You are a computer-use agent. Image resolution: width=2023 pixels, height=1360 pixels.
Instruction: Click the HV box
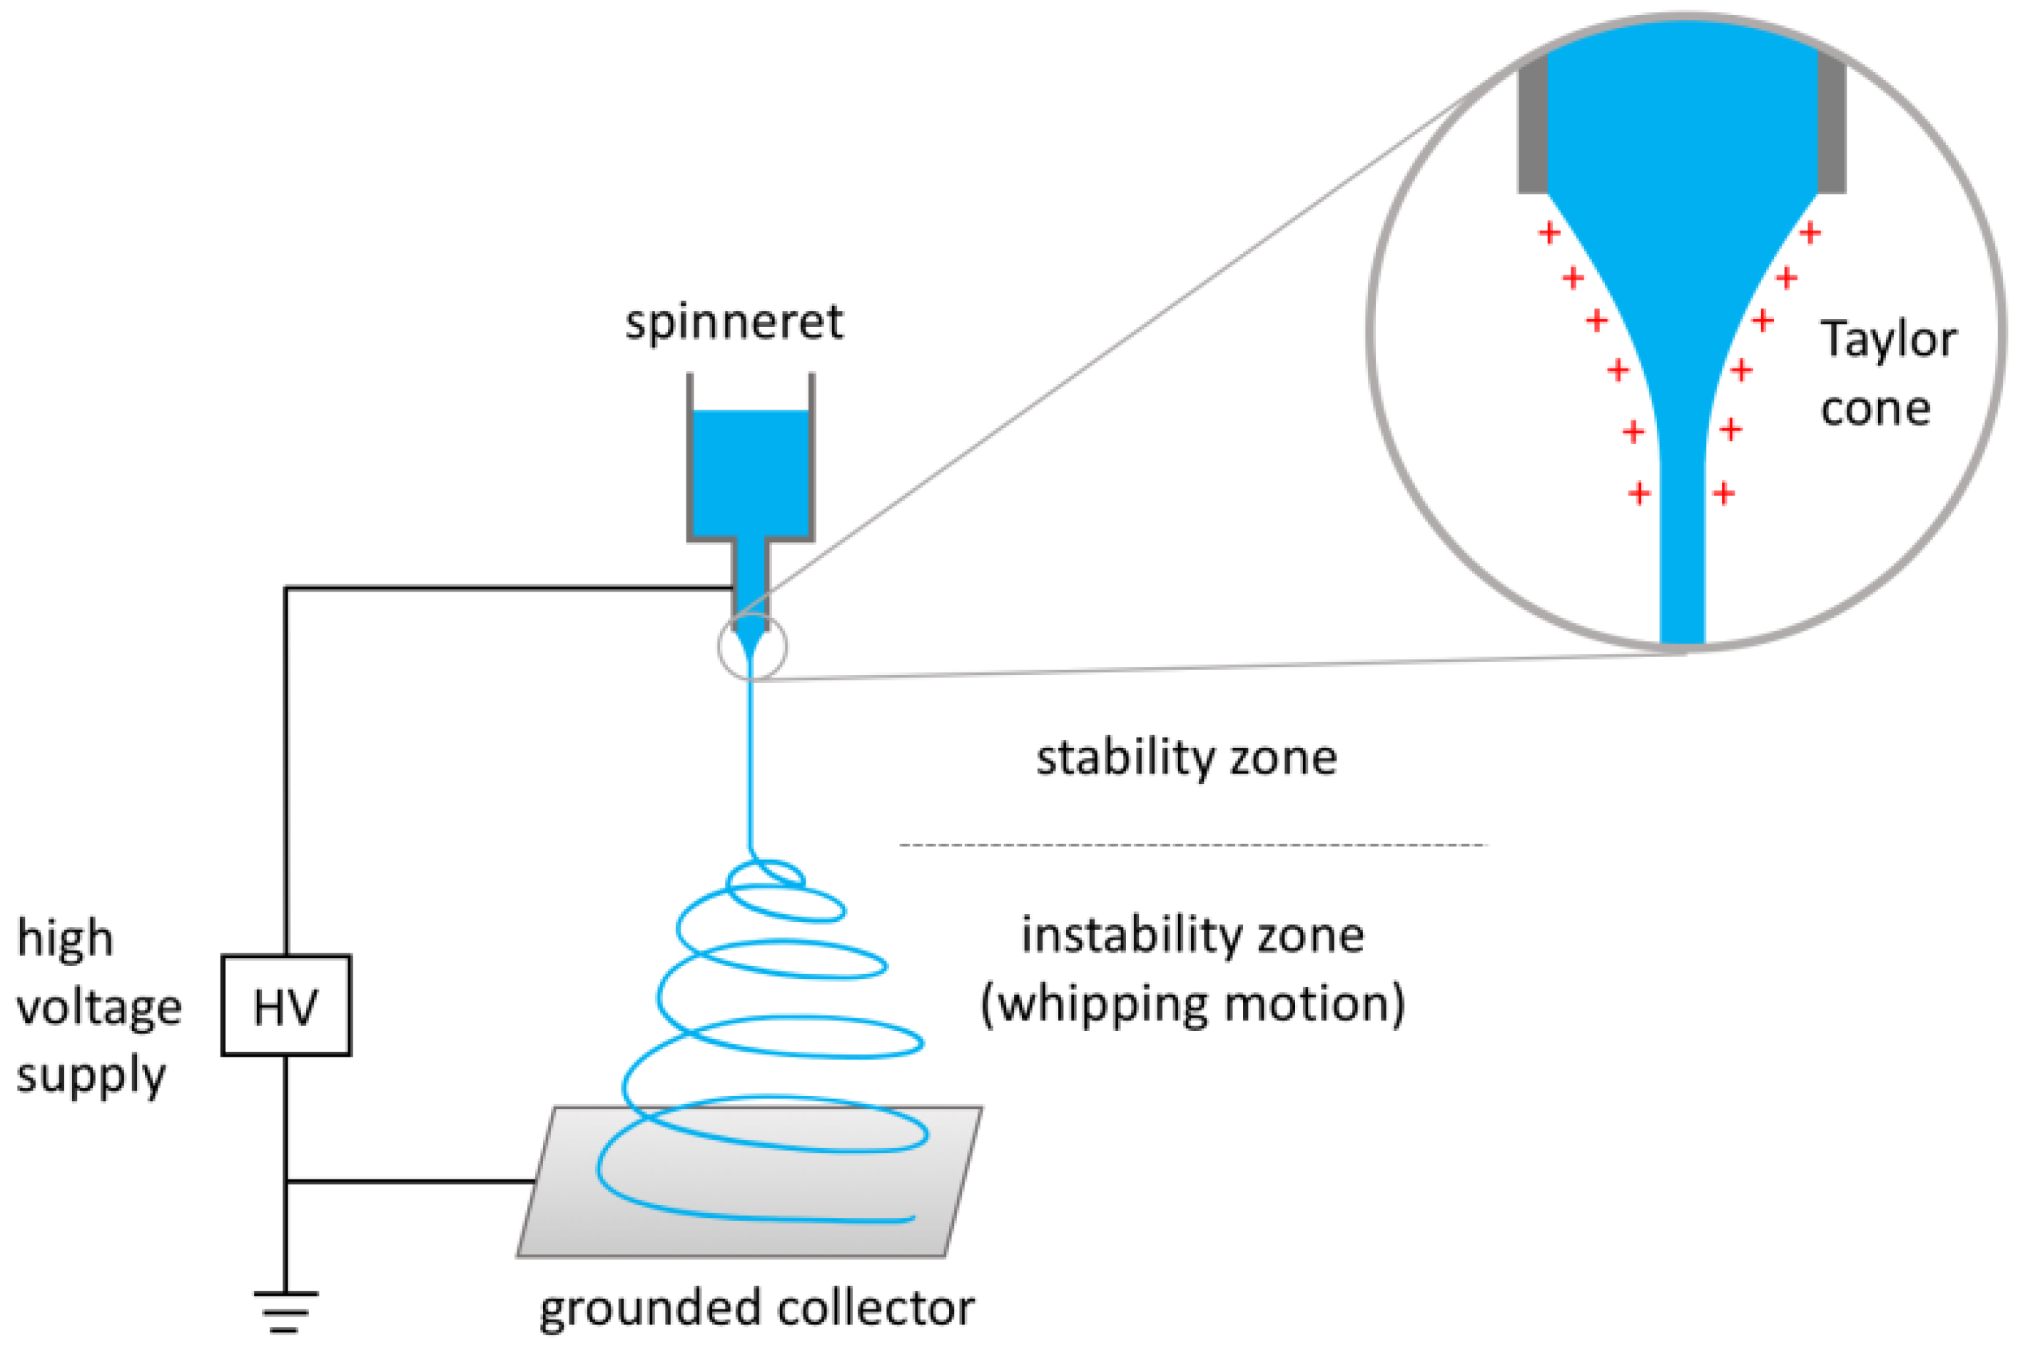click(x=286, y=1005)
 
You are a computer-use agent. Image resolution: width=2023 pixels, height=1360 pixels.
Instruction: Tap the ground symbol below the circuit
click(x=285, y=1309)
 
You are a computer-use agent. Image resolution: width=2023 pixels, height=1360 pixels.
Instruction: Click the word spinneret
click(x=734, y=323)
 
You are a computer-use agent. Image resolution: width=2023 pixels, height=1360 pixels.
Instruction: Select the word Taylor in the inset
click(x=1887, y=340)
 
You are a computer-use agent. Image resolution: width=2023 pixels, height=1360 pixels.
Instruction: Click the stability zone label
click(x=1186, y=757)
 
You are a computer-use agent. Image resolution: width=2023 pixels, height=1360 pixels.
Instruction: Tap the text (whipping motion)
click(x=1193, y=1005)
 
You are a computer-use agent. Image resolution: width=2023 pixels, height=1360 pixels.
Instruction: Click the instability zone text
click(x=1193, y=935)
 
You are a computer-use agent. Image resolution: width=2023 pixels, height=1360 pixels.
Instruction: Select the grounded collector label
click(x=756, y=1308)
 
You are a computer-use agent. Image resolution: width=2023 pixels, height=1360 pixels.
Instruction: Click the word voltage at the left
click(x=99, y=1008)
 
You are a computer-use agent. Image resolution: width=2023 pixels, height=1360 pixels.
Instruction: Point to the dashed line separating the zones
click(x=1193, y=844)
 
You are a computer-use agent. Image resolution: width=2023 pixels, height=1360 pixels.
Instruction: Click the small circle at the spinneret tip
click(x=752, y=647)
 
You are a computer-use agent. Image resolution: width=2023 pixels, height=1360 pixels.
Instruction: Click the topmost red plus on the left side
click(x=1549, y=233)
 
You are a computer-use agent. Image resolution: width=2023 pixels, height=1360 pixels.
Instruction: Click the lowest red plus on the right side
click(x=1724, y=494)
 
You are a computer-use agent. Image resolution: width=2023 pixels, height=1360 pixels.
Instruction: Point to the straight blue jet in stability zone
click(x=751, y=763)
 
